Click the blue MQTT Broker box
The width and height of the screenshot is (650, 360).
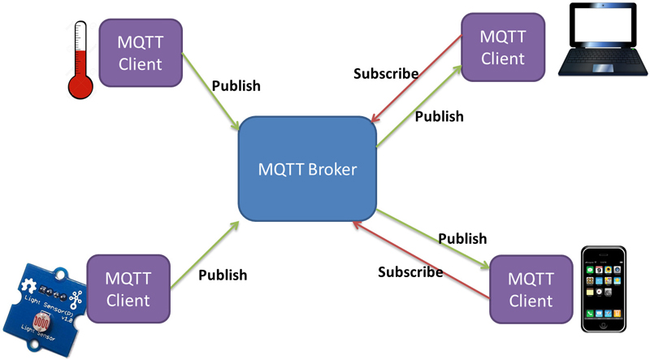[307, 170]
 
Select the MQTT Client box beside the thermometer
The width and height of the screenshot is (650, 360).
[140, 53]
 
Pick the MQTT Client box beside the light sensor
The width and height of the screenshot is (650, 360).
[128, 290]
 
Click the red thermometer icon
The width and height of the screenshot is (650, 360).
[79, 61]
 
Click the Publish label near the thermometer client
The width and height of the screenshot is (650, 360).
[236, 85]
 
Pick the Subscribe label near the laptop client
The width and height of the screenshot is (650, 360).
[386, 74]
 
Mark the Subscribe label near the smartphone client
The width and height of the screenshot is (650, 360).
[410, 271]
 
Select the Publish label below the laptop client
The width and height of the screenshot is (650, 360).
[439, 116]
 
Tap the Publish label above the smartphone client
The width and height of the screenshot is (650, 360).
[462, 239]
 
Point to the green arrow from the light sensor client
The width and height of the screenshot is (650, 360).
[203, 259]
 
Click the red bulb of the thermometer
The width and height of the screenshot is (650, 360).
[79, 85]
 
